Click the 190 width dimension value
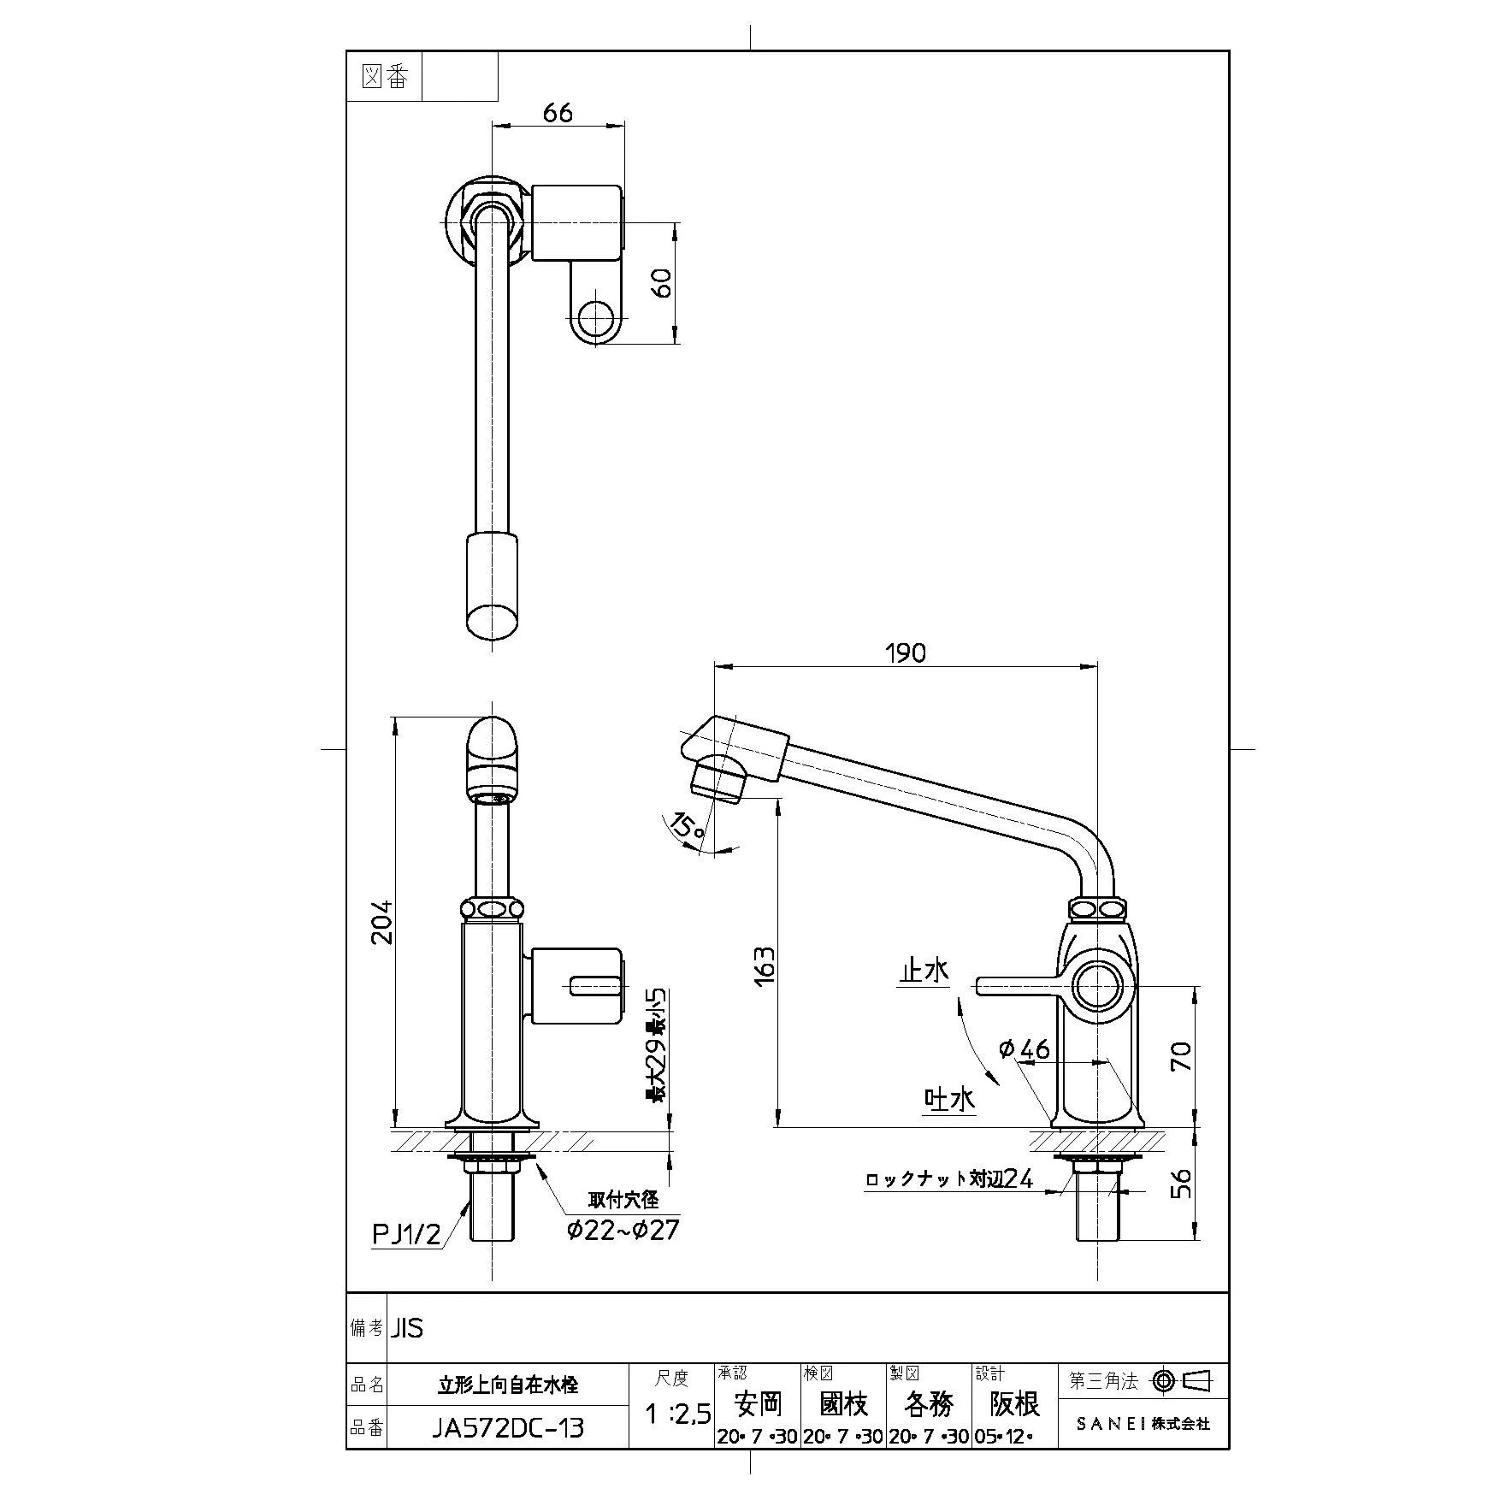906,653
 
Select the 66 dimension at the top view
558,112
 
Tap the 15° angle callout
688,827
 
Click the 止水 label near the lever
923,971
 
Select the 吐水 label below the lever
949,1099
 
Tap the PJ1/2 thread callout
406,1234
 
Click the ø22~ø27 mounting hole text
623,1230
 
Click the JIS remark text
408,1328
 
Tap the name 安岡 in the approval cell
759,1403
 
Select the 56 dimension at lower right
1181,1184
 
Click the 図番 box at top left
386,78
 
